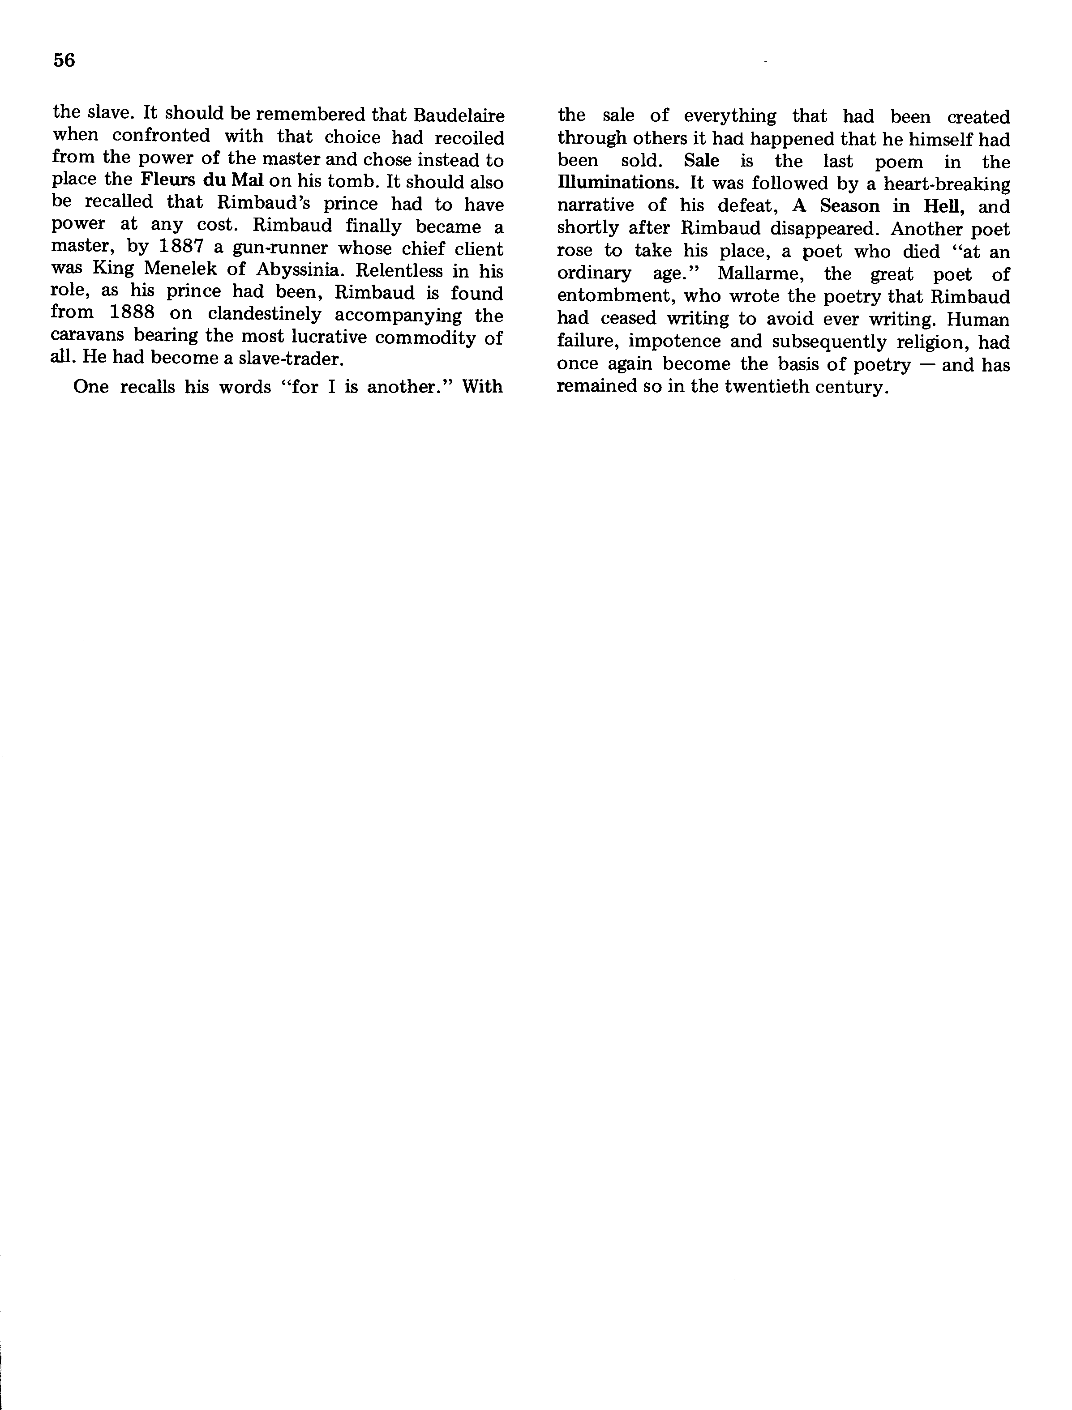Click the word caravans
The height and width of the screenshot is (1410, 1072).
pyautogui.click(x=87, y=337)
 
